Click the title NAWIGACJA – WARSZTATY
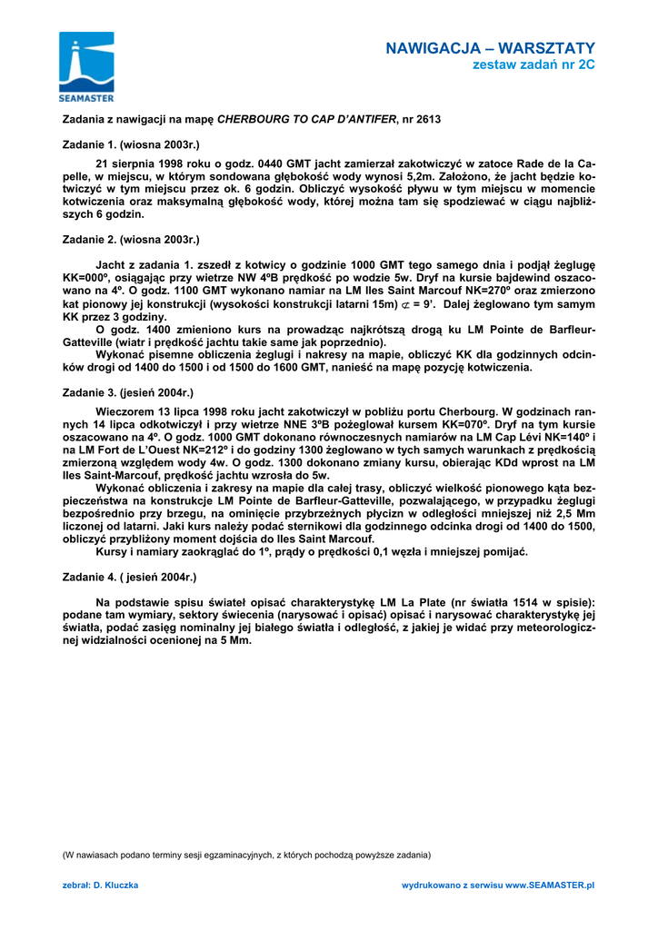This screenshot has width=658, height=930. tap(490, 48)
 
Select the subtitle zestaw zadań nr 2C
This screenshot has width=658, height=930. tap(533, 65)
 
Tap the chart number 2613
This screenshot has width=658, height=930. tap(428, 119)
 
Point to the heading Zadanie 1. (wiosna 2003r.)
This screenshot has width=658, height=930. tap(130, 144)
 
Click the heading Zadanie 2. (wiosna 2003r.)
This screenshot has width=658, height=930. tap(130, 240)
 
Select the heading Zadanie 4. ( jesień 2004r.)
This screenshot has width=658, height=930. tap(129, 577)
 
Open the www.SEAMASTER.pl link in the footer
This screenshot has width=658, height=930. tap(549, 884)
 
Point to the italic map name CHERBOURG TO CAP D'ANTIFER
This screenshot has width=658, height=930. tap(306, 119)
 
